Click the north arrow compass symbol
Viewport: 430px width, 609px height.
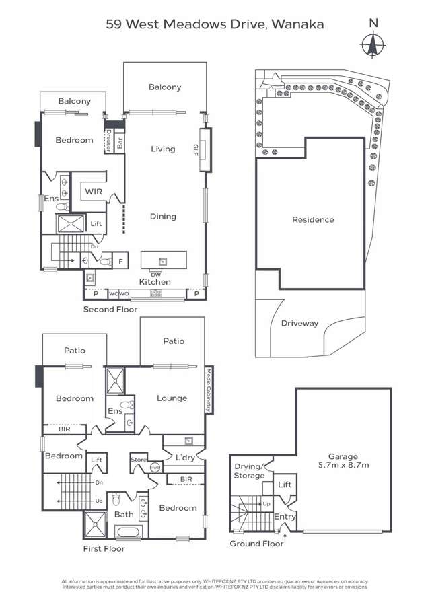[x=373, y=45]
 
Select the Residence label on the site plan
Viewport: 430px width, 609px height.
[x=312, y=220]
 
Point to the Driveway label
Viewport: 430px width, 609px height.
[x=299, y=324]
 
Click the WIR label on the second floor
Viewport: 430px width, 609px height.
[x=93, y=192]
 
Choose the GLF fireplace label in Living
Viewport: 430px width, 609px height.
[x=196, y=148]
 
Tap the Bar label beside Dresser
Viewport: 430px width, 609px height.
[x=120, y=143]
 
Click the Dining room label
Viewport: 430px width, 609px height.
[x=163, y=217]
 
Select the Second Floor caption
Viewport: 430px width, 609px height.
[x=110, y=310]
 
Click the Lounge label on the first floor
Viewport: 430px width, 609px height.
[x=172, y=398]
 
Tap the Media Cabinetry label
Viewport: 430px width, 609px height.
[x=209, y=390]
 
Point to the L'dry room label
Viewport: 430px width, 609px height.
[x=186, y=458]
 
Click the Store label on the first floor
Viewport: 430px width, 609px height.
[x=139, y=460]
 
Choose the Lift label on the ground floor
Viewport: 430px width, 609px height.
[x=285, y=485]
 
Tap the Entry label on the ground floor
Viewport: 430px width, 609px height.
[x=284, y=516]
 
